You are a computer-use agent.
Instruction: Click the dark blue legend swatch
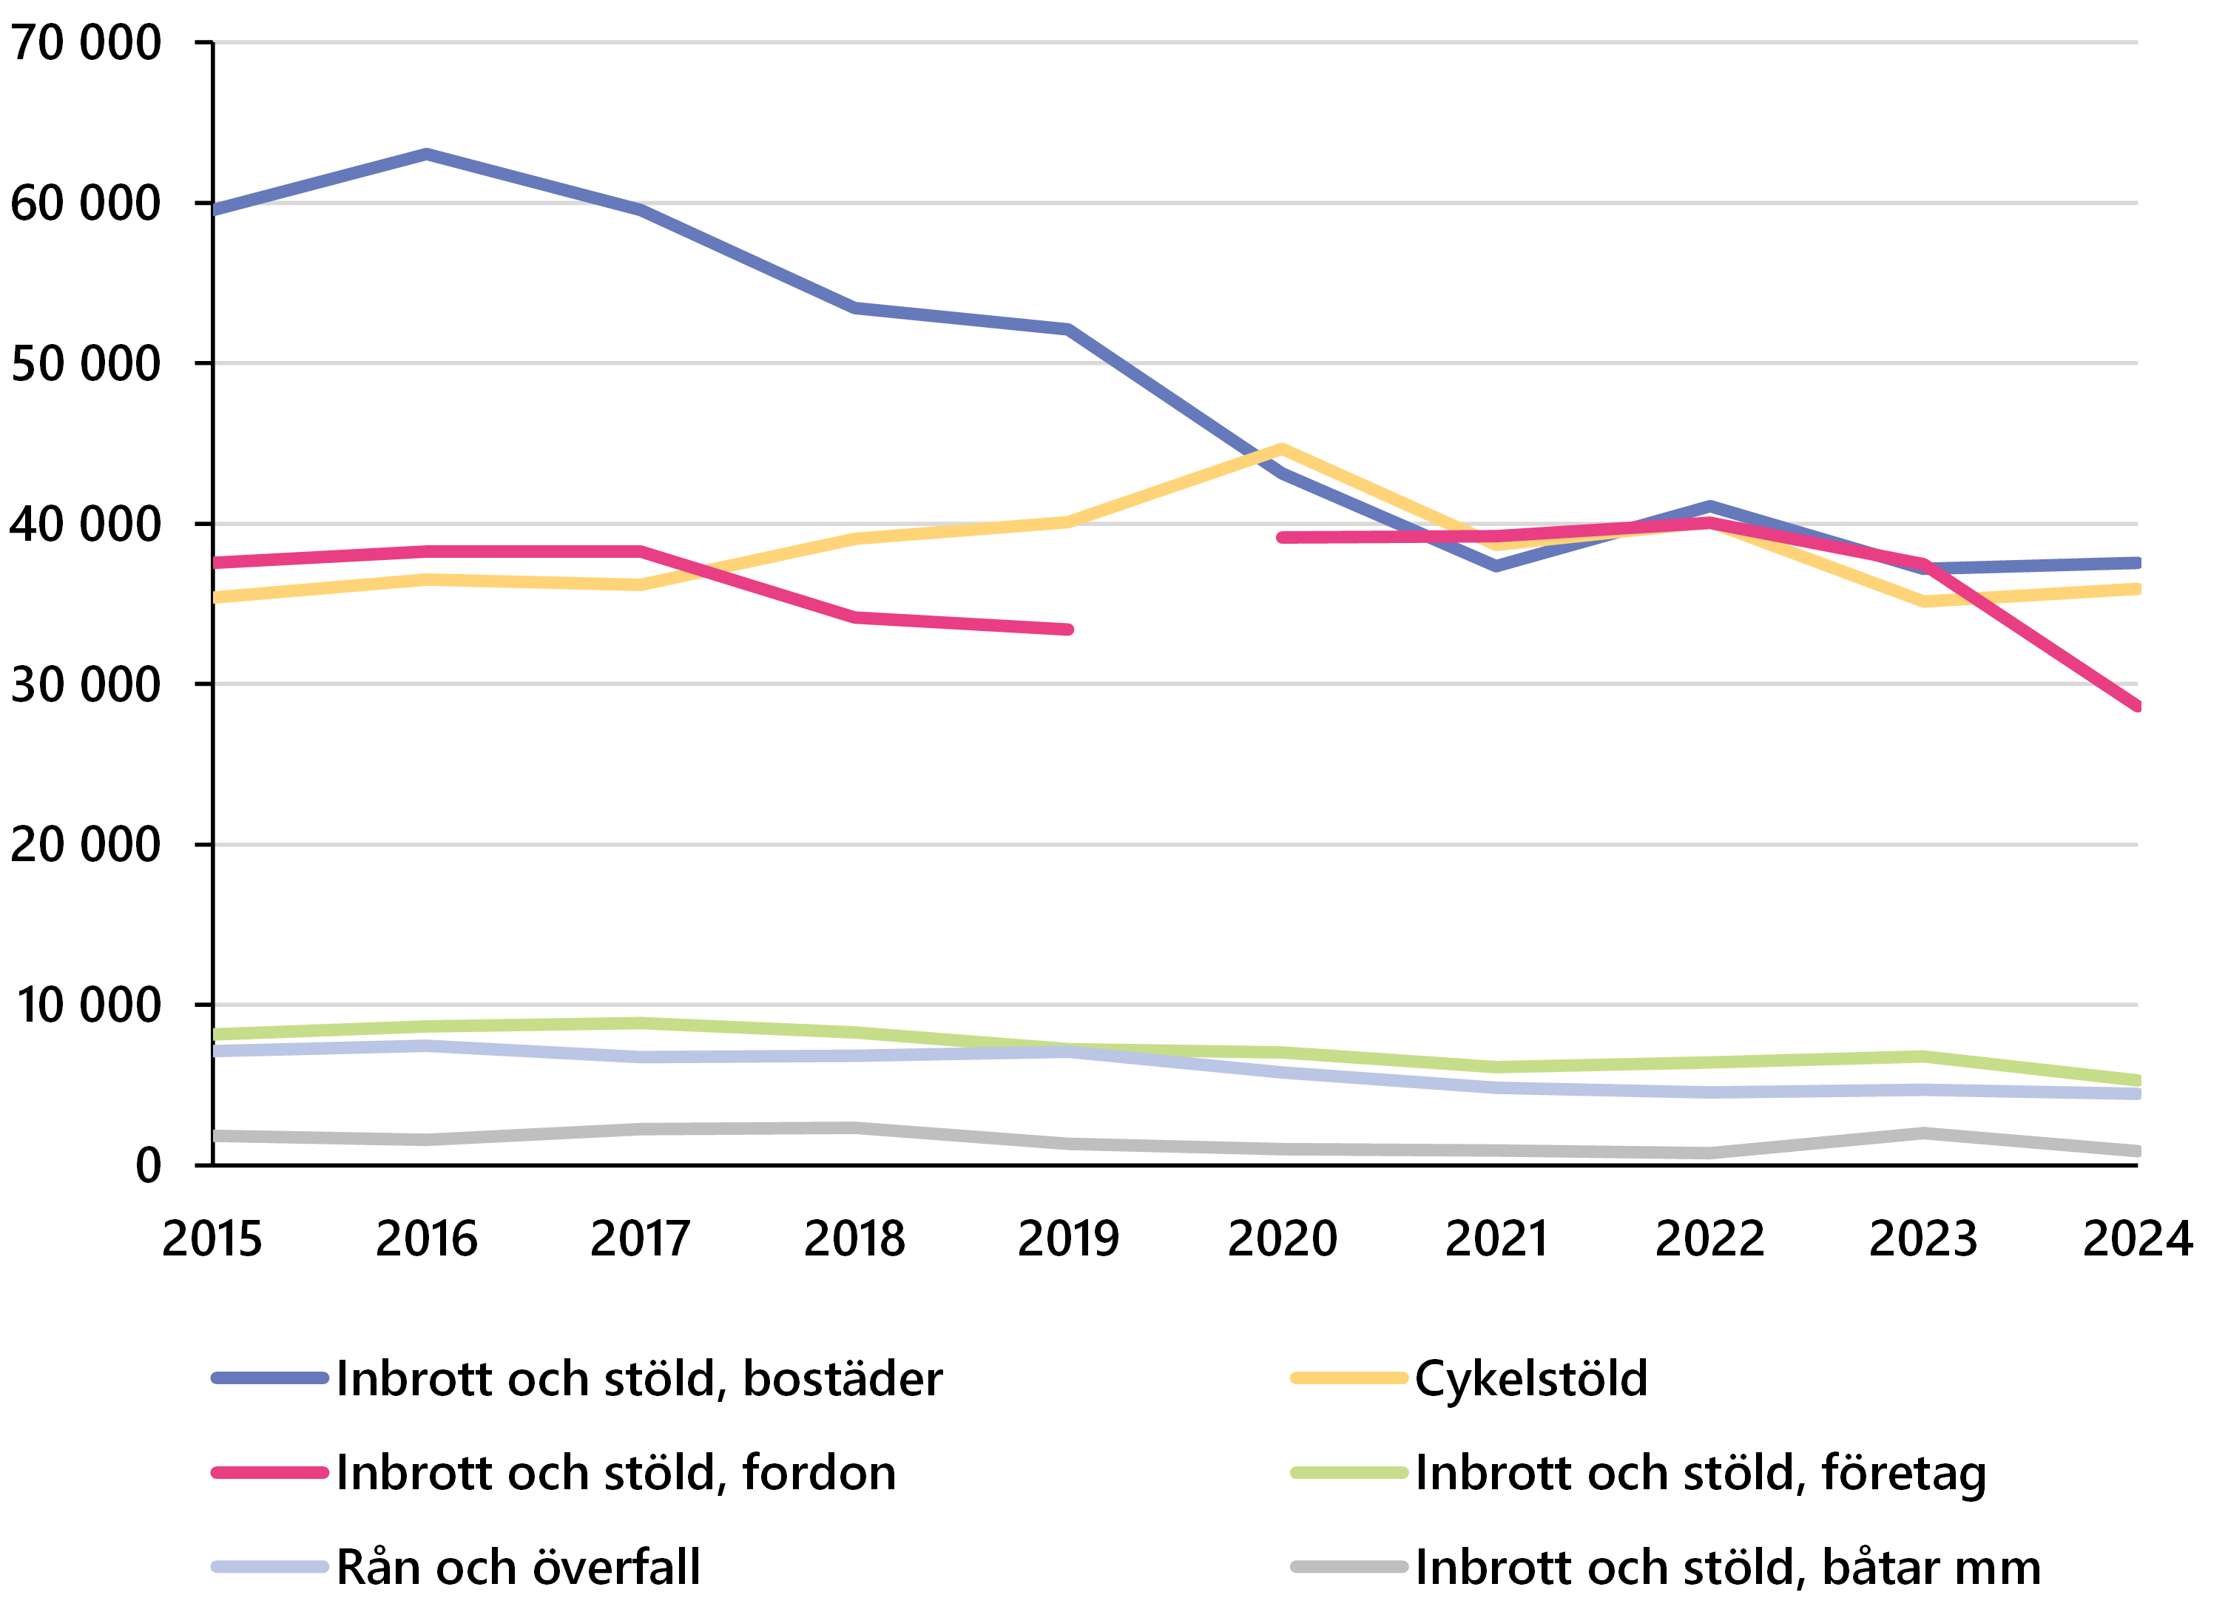(270, 1378)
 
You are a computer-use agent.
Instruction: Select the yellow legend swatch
(1348, 1378)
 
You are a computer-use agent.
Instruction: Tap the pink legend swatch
(270, 1472)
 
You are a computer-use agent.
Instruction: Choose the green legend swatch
(1348, 1472)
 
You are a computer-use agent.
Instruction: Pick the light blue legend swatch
(270, 1567)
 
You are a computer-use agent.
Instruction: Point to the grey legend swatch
(1348, 1567)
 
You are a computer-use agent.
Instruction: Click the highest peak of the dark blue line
(426, 154)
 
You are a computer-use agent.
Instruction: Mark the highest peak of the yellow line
(1281, 448)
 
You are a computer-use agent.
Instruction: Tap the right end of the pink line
(2138, 707)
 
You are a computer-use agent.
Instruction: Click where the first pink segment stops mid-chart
(1068, 630)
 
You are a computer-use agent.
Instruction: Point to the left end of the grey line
(215, 1136)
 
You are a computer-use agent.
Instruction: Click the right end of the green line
(2138, 1081)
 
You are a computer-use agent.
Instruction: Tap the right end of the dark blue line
(2138, 563)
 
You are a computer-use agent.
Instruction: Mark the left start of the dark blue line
(215, 209)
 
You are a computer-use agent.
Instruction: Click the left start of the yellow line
(215, 597)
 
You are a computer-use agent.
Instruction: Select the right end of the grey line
(2138, 1151)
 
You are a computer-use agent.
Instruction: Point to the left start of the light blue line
(215, 1051)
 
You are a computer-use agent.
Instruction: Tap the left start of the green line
(215, 1034)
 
